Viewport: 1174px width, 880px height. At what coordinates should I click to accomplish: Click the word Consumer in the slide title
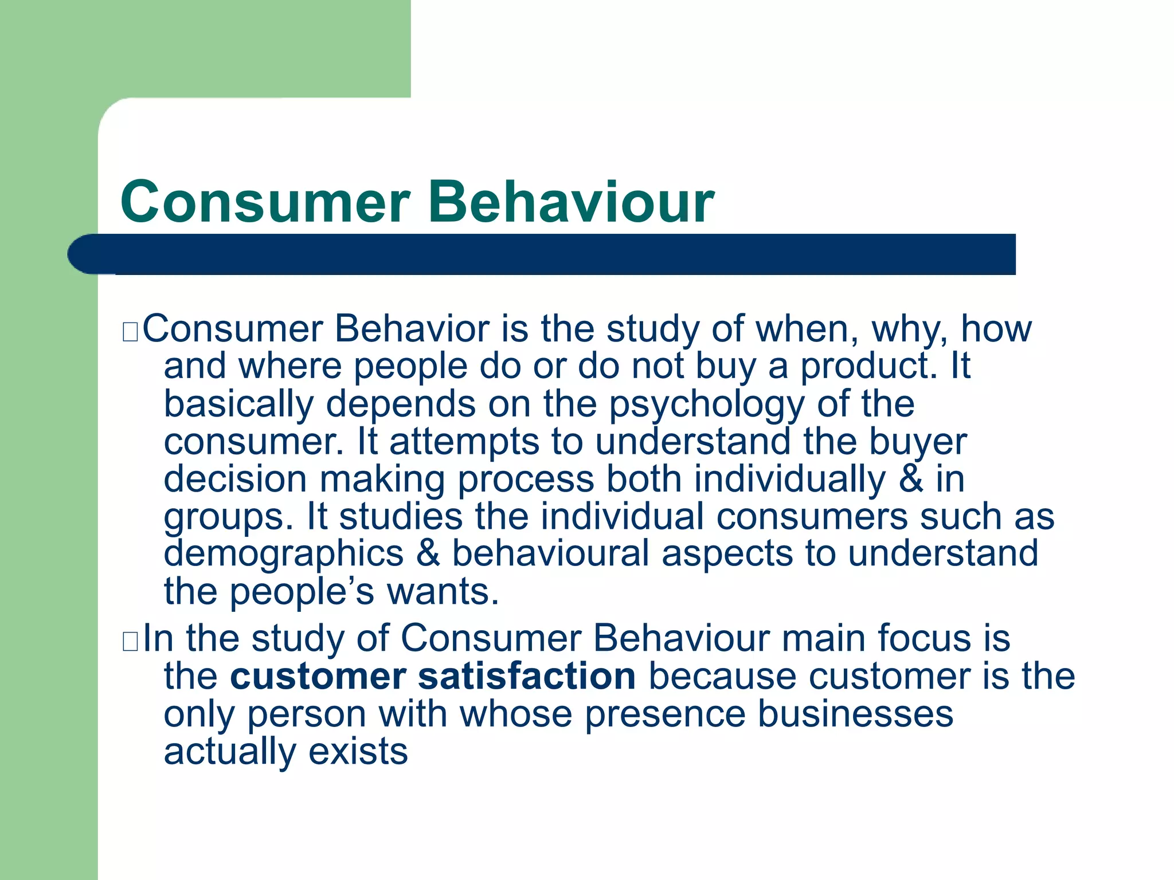[x=265, y=202]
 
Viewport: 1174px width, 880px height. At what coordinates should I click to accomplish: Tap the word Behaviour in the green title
[x=571, y=202]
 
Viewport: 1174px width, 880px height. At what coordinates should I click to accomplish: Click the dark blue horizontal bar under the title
[x=542, y=254]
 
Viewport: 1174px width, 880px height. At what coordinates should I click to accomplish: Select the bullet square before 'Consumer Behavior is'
[x=130, y=332]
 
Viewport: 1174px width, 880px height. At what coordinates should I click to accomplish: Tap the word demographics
[x=284, y=554]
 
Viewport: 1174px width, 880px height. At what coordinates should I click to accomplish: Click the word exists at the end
[x=358, y=752]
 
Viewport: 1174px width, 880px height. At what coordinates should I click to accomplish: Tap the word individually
[x=790, y=480]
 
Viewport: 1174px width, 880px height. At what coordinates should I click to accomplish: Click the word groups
[x=224, y=517]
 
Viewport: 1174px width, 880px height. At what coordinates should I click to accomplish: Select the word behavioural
[x=550, y=554]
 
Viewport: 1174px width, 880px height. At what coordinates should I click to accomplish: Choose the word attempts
[x=464, y=442]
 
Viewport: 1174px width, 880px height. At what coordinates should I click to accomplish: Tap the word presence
[x=665, y=714]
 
